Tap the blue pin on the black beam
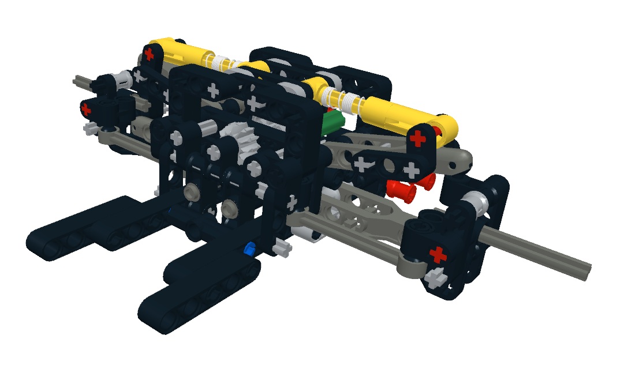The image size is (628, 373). point(249,249)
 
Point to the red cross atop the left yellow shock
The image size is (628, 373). point(149,55)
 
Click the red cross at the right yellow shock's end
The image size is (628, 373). point(419,138)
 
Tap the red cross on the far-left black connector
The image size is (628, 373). point(86,108)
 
